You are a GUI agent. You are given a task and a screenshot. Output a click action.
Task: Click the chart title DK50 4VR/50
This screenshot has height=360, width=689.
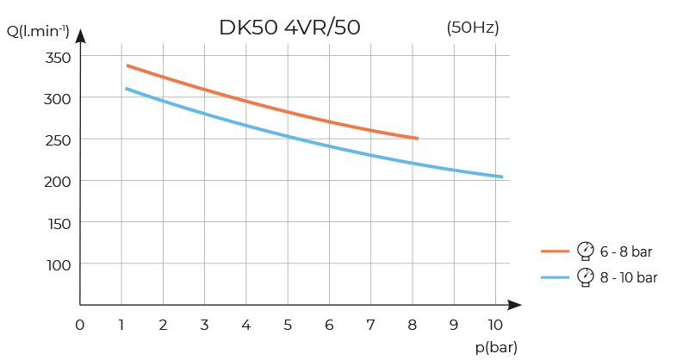pos(289,28)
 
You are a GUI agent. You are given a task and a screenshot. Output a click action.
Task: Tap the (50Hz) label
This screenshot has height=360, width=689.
pos(473,28)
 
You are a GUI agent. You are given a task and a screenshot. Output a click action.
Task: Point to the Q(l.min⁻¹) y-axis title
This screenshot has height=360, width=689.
pos(38,33)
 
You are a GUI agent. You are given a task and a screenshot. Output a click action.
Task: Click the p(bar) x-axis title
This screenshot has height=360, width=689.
pos(496,347)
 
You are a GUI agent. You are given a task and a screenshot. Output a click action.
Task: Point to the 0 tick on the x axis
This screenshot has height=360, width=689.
pos(80,325)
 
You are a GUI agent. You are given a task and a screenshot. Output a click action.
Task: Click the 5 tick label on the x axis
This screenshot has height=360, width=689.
pos(288,325)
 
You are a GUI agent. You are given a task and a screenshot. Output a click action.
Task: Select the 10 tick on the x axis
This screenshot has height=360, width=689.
pos(494,325)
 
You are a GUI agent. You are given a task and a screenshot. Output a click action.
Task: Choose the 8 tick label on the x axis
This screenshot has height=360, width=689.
pos(412,325)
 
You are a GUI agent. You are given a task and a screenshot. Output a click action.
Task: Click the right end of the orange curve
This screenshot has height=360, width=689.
pos(418,138)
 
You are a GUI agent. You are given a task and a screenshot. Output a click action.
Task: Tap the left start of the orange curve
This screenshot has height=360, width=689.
pos(127,65)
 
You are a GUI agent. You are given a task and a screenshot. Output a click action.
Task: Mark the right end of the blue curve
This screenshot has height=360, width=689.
pos(502,177)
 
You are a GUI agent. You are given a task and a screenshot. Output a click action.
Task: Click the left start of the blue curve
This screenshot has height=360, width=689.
pos(126,89)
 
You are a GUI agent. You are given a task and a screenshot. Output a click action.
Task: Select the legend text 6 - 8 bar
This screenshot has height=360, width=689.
pos(626,251)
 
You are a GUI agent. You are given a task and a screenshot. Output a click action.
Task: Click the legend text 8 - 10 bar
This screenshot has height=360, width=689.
pos(630,277)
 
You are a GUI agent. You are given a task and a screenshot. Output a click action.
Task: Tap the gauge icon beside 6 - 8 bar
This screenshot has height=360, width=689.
pos(586,251)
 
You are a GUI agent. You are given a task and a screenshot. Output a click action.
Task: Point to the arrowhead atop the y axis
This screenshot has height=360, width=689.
pos(80,35)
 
